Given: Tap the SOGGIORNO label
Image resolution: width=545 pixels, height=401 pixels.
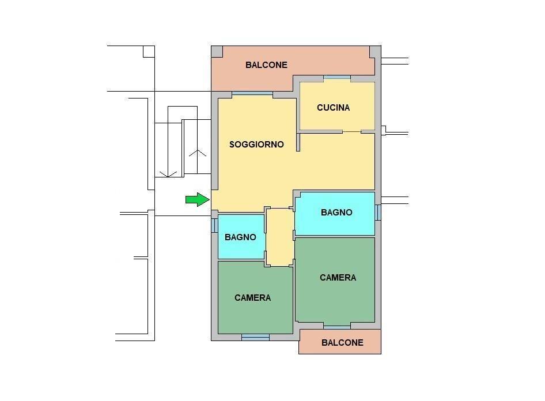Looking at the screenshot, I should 256,145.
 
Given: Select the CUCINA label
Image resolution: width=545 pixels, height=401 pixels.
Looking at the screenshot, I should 333,108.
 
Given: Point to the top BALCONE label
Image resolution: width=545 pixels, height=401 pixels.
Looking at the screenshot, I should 266,65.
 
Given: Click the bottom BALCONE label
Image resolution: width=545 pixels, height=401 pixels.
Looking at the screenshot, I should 342,343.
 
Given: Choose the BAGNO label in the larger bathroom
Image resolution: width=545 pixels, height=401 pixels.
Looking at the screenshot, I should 336,213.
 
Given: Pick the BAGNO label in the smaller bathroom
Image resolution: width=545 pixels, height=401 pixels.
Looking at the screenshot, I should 240,237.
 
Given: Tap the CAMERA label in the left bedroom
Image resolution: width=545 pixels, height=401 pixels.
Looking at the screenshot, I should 252,298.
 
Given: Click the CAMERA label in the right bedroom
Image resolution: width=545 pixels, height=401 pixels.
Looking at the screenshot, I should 338,278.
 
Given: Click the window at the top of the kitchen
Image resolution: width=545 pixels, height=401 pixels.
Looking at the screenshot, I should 337,78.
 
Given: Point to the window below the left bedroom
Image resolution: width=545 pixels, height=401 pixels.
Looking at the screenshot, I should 255,337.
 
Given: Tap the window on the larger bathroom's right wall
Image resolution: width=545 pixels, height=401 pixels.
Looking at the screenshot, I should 377,212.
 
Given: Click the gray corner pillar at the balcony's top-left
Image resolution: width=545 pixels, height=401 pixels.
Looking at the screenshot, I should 217,52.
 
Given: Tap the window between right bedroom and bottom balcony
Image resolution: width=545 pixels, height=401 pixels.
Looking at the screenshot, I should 337,326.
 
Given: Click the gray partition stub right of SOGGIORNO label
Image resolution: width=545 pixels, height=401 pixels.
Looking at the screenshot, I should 298,142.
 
